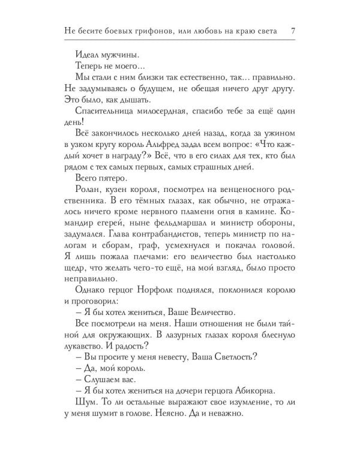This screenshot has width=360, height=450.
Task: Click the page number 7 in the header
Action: (292, 32)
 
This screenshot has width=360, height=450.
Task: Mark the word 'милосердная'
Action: (170, 110)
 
